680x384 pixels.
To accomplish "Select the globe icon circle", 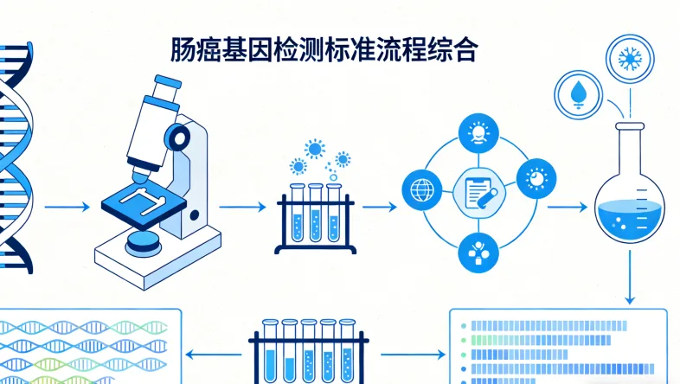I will pyautogui.click(x=422, y=189).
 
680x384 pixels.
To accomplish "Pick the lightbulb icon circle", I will pyautogui.click(x=477, y=133).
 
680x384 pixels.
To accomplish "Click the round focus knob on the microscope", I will pyautogui.click(x=179, y=138).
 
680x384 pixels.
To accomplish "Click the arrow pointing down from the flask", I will pyautogui.click(x=630, y=278).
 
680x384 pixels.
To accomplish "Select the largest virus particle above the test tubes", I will pyautogui.click(x=314, y=149).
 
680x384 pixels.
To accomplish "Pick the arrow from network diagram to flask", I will pyautogui.click(x=567, y=208).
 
